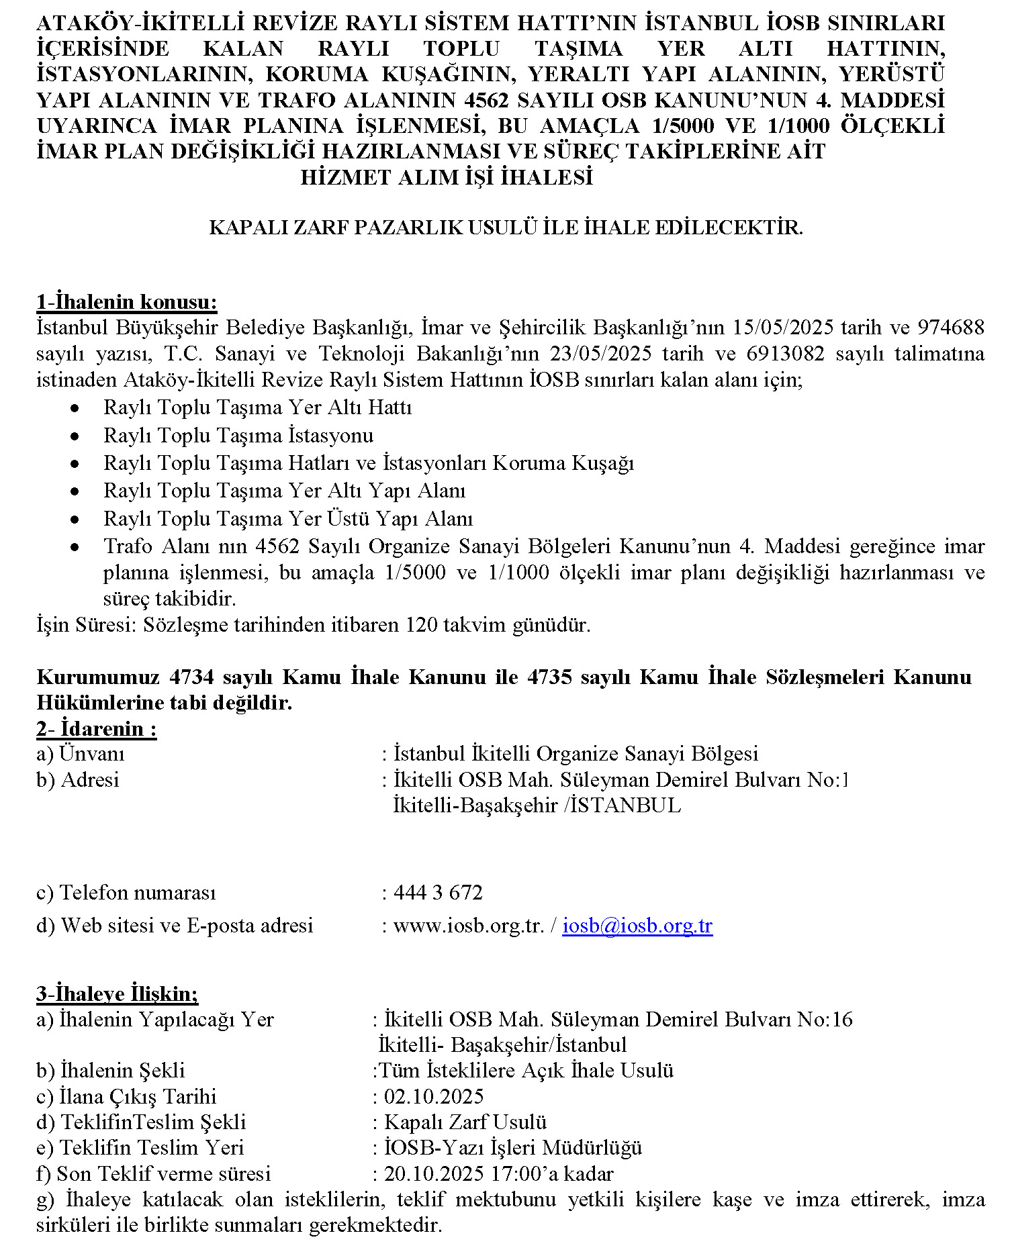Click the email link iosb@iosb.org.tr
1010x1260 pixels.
(x=637, y=926)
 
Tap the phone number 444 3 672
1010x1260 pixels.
(x=438, y=893)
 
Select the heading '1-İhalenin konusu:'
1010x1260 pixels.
(x=127, y=302)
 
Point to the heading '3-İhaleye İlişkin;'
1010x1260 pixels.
(x=118, y=994)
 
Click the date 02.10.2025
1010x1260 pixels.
(x=434, y=1097)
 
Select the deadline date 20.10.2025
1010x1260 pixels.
(x=434, y=1174)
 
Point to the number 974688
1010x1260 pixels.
(x=951, y=328)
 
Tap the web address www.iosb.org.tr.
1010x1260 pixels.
(x=468, y=926)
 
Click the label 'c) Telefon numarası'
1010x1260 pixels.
(x=126, y=893)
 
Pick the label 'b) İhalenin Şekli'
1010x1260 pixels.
(x=111, y=1071)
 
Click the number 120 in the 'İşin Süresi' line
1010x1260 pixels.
(x=422, y=626)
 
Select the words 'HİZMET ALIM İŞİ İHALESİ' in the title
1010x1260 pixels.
(x=447, y=178)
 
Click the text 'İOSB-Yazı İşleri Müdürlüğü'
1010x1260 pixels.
(x=513, y=1148)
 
